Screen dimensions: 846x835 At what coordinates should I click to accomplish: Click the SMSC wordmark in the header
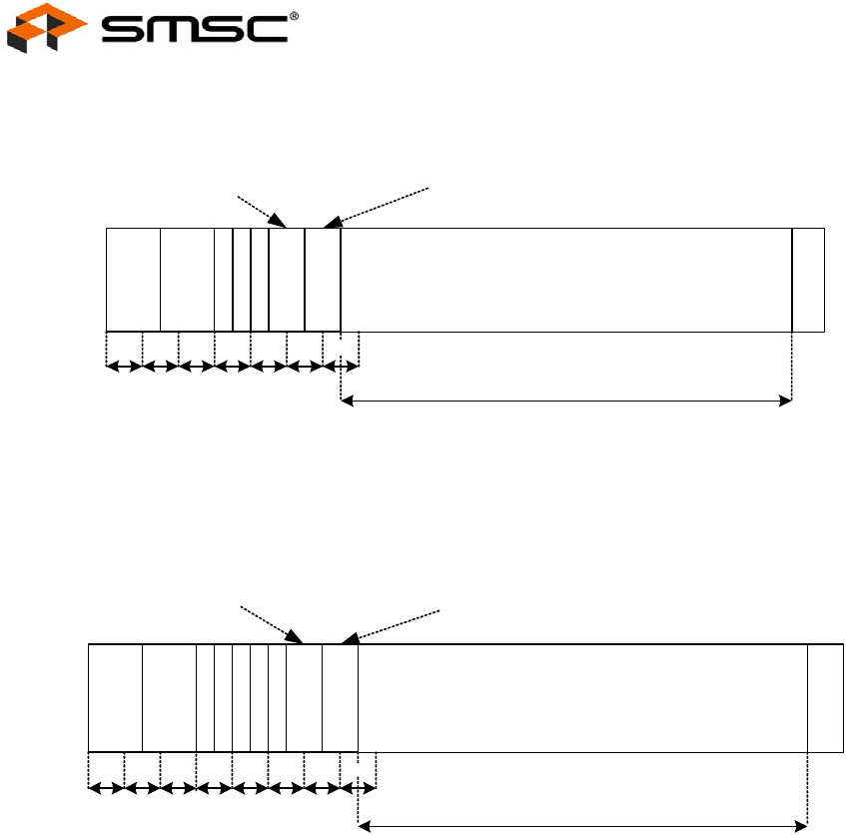(x=196, y=29)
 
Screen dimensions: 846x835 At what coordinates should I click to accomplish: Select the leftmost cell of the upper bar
(x=133, y=280)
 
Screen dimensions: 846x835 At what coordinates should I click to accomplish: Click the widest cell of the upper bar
(x=565, y=280)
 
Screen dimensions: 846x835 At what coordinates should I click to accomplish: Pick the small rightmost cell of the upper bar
(x=808, y=280)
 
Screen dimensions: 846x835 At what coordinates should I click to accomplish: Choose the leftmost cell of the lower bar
(x=115, y=698)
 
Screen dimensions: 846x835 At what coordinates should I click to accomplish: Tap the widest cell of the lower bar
(x=582, y=698)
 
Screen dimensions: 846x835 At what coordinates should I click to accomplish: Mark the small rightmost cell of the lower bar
(x=825, y=698)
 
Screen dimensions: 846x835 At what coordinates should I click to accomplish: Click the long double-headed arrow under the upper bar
(x=566, y=402)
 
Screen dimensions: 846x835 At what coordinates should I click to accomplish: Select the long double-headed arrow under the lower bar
(x=582, y=826)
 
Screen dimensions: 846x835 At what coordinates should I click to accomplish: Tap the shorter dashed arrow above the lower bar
(x=271, y=624)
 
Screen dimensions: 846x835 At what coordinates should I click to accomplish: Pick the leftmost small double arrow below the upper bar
(x=124, y=368)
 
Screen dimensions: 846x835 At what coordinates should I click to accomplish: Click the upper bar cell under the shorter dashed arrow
(x=287, y=280)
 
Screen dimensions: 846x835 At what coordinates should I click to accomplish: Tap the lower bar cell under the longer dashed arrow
(x=340, y=698)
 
